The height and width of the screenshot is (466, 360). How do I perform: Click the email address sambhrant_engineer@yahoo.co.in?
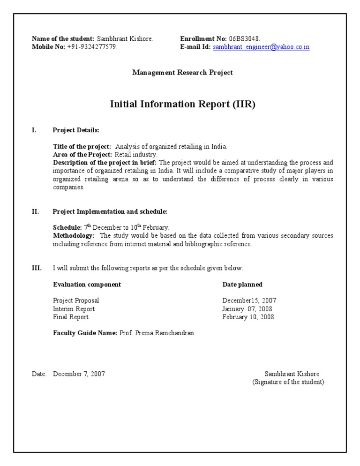[x=261, y=47]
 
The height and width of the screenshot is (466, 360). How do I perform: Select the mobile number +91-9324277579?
[x=92, y=47]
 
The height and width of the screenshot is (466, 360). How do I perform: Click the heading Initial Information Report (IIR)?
[x=182, y=104]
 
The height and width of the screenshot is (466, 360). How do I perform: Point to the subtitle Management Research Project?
[x=182, y=73]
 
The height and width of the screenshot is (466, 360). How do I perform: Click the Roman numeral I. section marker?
[x=34, y=130]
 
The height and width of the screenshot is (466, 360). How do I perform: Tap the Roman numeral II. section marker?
[x=36, y=211]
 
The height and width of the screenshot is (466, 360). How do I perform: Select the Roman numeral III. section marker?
[x=37, y=268]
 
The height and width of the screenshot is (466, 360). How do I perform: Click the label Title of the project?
[x=82, y=147]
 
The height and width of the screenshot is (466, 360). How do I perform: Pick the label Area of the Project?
[x=82, y=154]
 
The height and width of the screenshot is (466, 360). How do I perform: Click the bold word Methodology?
[x=74, y=236]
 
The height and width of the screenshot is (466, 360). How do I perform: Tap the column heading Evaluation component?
[x=87, y=285]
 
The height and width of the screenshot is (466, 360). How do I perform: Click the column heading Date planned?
[x=242, y=285]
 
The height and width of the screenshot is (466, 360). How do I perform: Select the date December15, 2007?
[x=249, y=301]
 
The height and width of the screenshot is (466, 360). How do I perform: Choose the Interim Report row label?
[x=74, y=309]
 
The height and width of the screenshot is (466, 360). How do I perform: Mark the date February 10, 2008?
[x=248, y=317]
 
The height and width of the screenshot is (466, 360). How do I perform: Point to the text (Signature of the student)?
[x=288, y=382]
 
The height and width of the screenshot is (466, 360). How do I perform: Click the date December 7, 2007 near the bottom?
[x=79, y=374]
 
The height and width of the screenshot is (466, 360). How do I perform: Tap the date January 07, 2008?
[x=247, y=309]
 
